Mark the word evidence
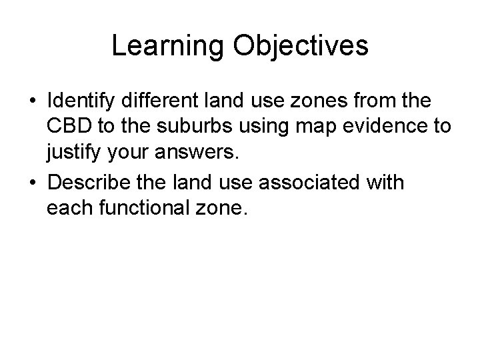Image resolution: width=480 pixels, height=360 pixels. click(381, 127)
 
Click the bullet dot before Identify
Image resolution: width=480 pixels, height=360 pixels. click(32, 103)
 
